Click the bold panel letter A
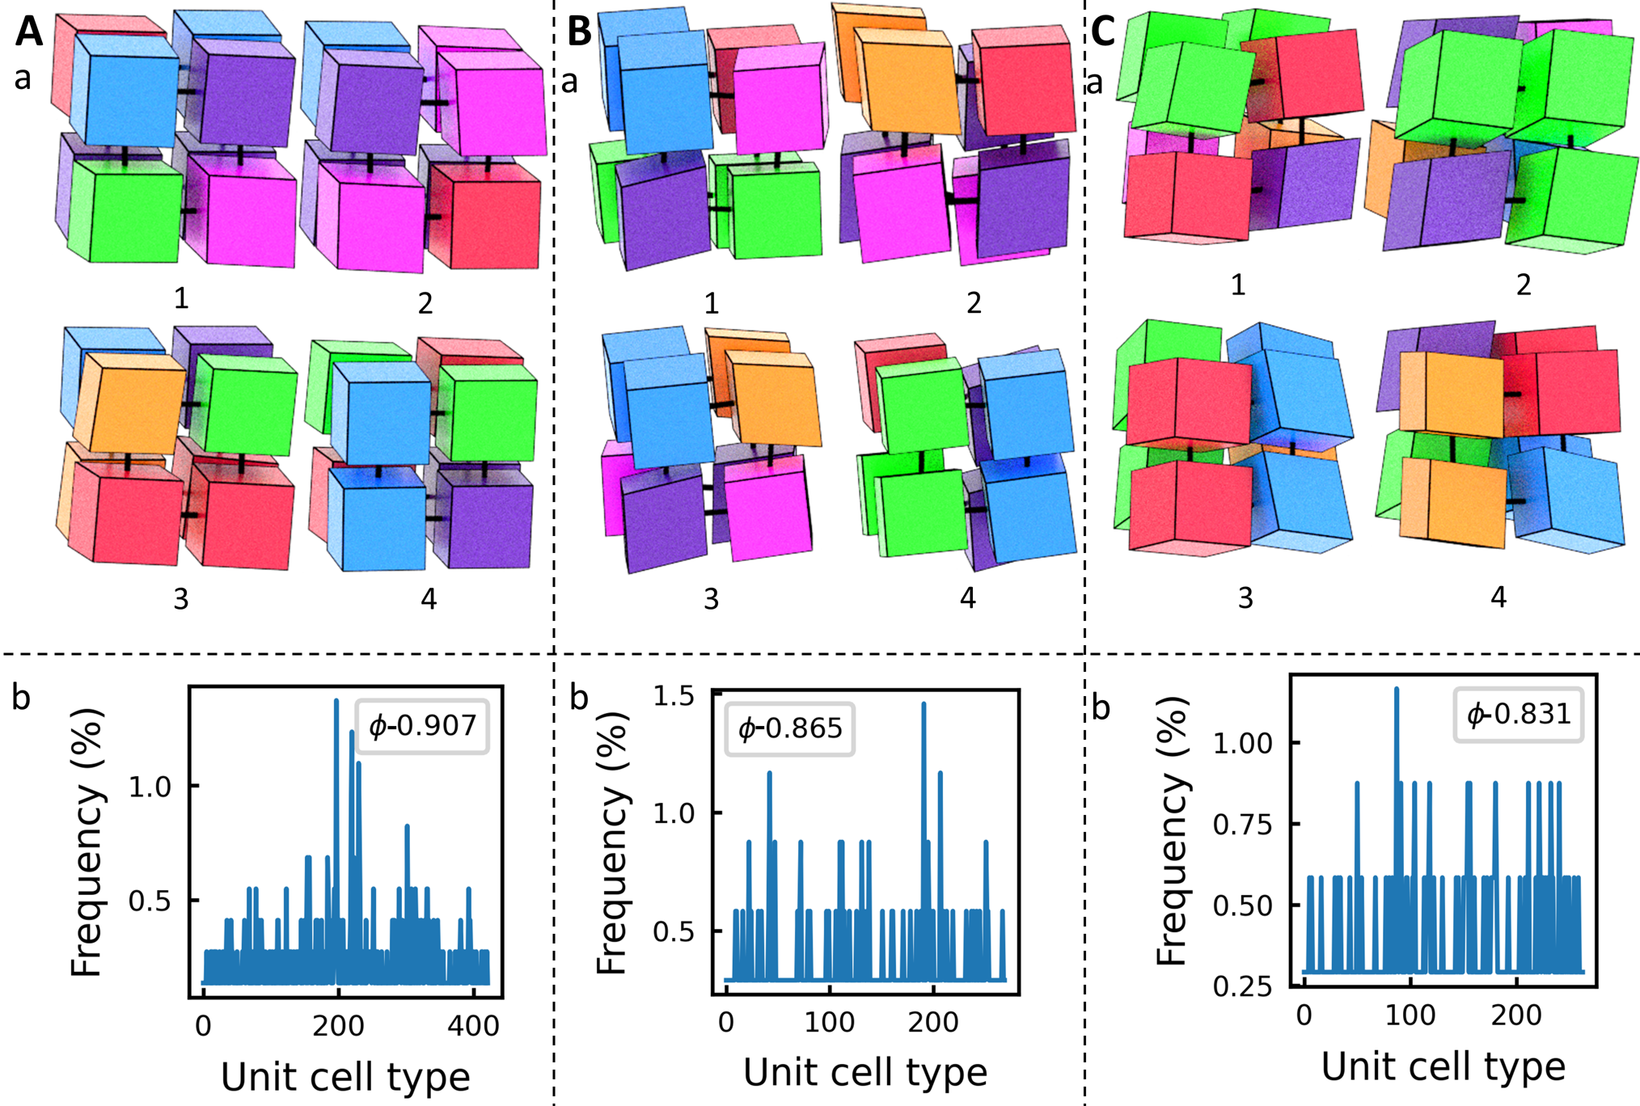[29, 32]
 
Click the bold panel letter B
[579, 32]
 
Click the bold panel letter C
[1103, 32]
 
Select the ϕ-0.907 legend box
[422, 726]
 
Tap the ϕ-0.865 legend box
[789, 728]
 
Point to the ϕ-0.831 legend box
[1518, 714]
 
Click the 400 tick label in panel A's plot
[473, 1026]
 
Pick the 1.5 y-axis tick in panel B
[673, 696]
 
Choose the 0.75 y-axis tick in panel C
[1244, 825]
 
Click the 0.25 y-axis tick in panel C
[1244, 986]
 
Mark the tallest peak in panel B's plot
[924, 705]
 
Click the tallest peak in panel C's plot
[1397, 690]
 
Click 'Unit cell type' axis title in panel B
[865, 1073]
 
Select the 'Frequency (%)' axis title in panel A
[87, 842]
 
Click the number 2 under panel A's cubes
[425, 303]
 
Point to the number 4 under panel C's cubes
[1498, 597]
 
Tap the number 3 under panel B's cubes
[711, 599]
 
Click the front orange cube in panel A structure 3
[136, 403]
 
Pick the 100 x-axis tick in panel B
[830, 1023]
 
